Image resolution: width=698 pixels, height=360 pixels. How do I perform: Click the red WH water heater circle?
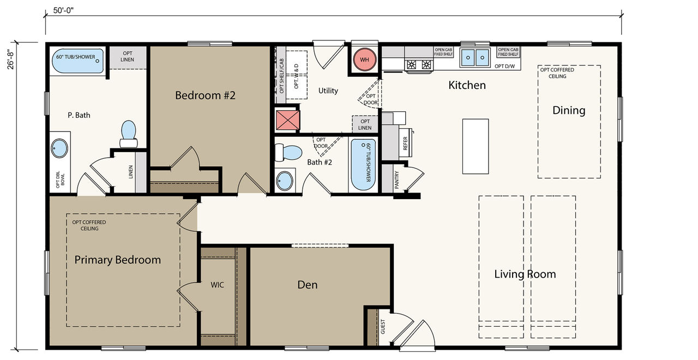[364, 59]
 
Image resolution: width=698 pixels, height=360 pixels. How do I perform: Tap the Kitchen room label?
[467, 85]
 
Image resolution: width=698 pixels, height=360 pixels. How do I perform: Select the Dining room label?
[569, 110]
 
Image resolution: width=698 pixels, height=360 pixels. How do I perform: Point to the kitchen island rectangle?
[475, 146]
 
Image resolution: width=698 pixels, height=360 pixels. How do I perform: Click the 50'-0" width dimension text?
[63, 10]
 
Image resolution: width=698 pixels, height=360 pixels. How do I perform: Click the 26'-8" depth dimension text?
[11, 60]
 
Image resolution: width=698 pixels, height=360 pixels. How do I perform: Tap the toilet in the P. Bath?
[128, 134]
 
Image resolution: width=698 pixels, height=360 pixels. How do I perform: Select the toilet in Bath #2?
[288, 152]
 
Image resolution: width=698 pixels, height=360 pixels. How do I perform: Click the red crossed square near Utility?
[287, 120]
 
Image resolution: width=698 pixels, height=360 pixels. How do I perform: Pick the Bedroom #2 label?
[205, 95]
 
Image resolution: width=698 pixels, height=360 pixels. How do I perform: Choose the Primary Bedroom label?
[117, 260]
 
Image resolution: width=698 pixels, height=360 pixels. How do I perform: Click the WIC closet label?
[217, 285]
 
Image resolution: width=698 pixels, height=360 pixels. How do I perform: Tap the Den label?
[307, 285]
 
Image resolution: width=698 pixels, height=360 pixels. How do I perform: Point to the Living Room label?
[525, 274]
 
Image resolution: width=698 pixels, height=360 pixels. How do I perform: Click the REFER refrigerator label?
[405, 143]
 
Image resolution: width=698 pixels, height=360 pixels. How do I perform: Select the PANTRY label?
[396, 180]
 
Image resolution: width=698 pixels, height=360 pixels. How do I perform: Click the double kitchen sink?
[475, 57]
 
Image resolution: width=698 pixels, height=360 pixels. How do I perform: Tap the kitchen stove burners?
[419, 64]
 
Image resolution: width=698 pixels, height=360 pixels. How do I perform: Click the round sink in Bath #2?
[285, 181]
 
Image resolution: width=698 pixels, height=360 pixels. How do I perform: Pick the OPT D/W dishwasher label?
[505, 66]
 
